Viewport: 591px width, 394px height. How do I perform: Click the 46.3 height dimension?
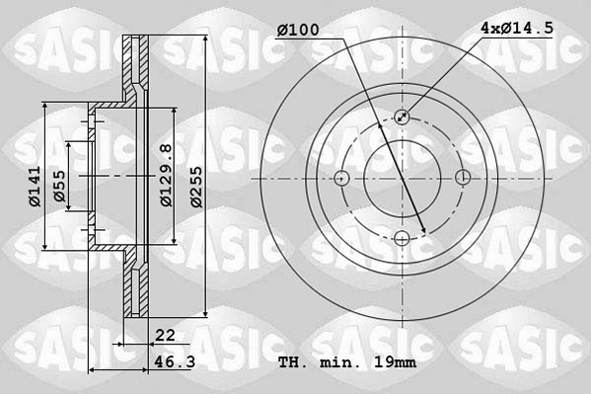click(x=173, y=363)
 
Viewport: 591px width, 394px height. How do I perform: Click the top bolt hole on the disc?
click(x=403, y=118)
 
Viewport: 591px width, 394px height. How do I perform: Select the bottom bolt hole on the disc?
click(x=403, y=238)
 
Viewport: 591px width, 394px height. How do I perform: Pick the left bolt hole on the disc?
click(x=342, y=179)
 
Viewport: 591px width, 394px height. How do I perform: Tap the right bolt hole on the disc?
click(x=463, y=179)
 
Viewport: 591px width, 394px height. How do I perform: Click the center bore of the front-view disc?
click(x=403, y=179)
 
